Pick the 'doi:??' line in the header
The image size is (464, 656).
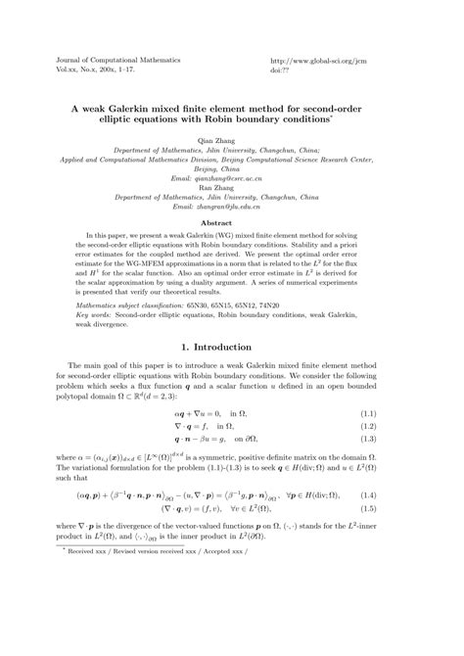click(281, 70)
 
